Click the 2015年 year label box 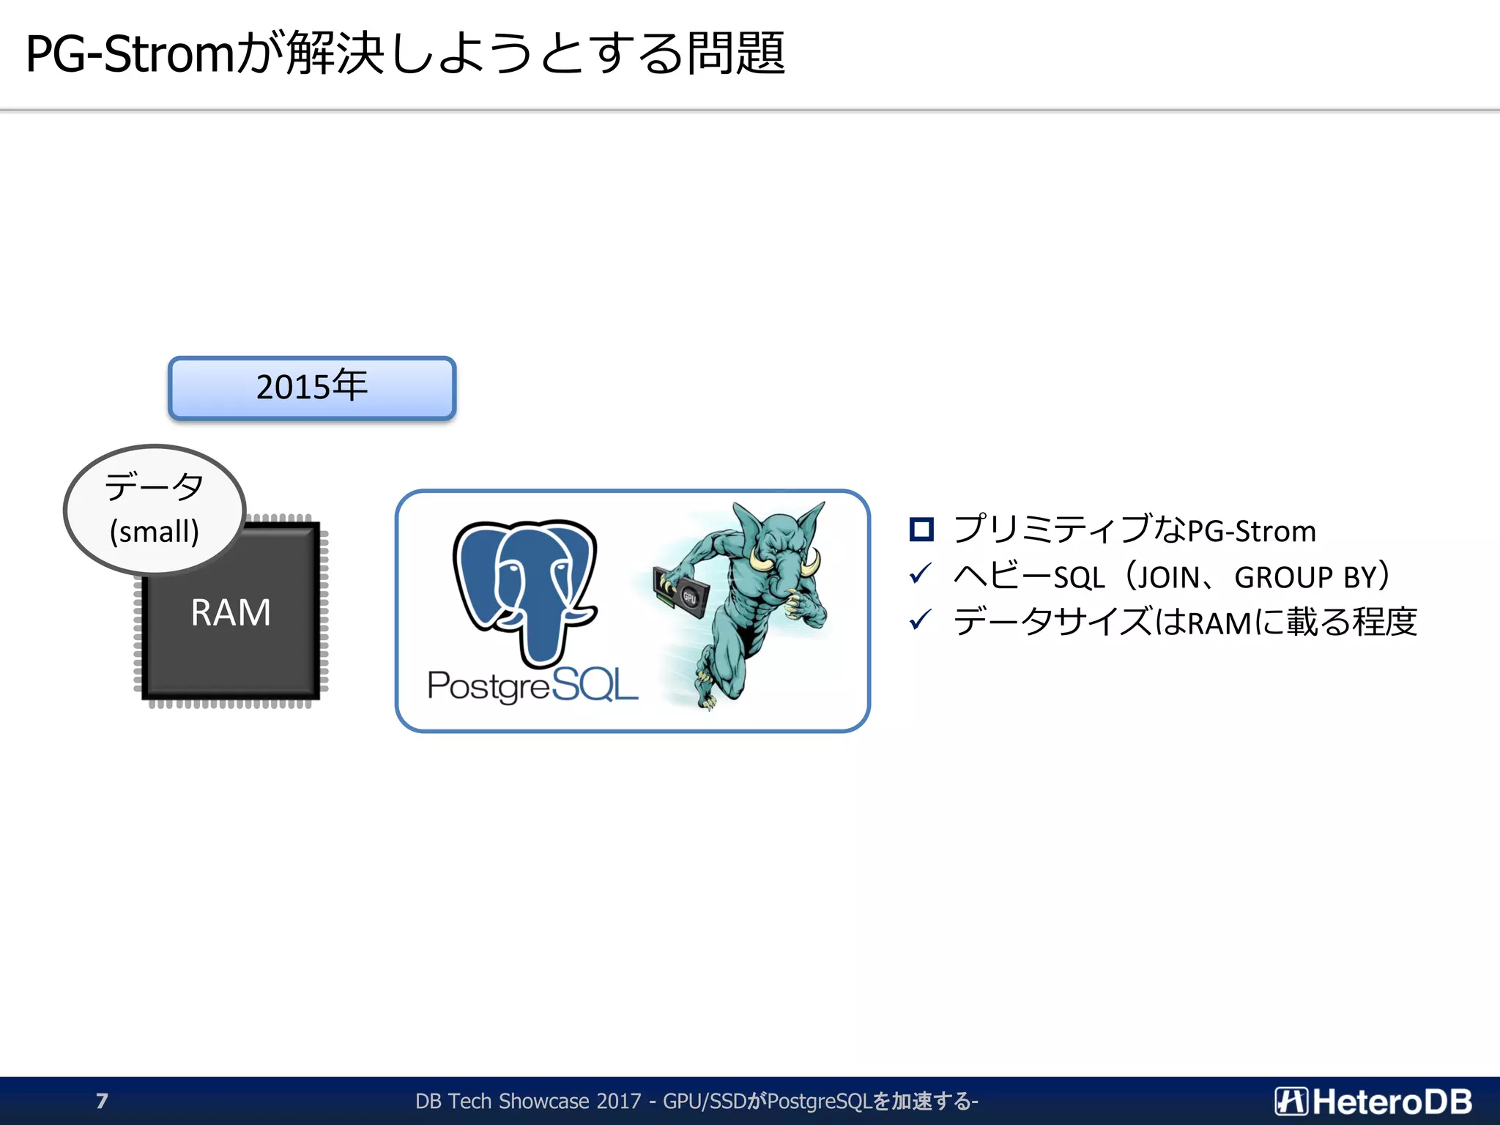(312, 387)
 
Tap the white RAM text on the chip (231, 612)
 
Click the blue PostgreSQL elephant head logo (525, 586)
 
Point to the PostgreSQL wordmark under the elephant (532, 686)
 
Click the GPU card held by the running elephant (681, 593)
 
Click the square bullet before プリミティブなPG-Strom (921, 530)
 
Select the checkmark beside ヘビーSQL (920, 575)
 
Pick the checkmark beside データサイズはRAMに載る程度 (920, 621)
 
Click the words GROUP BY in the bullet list (1306, 577)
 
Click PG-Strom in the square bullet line (1252, 531)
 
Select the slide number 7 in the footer (102, 1101)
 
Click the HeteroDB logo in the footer (1373, 1101)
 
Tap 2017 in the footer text (618, 1101)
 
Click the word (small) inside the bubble (155, 532)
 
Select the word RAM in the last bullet (1219, 623)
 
